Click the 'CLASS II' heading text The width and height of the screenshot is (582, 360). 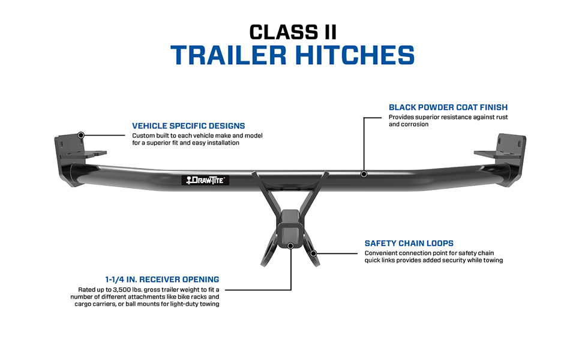[x=293, y=32]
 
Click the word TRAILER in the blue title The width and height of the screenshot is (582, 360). [x=228, y=55]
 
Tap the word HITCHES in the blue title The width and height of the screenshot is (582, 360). [x=355, y=55]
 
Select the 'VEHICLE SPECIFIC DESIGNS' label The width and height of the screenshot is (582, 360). [x=188, y=126]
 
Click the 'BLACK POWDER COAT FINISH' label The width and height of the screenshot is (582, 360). [x=448, y=107]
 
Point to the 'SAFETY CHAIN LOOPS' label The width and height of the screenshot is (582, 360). [x=409, y=244]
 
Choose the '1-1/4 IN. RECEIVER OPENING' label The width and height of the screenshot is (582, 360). [x=162, y=280]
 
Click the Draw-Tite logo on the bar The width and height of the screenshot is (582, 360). [x=205, y=181]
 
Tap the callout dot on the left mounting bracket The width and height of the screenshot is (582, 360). [x=81, y=135]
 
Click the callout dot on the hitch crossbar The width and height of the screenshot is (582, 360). [x=364, y=174]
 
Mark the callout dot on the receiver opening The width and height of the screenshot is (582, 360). [x=290, y=245]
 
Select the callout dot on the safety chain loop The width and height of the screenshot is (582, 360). [x=313, y=253]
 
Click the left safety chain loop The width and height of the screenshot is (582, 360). [x=268, y=252]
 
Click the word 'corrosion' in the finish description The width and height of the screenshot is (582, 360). [x=415, y=124]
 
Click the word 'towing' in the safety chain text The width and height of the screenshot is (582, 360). [x=493, y=260]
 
